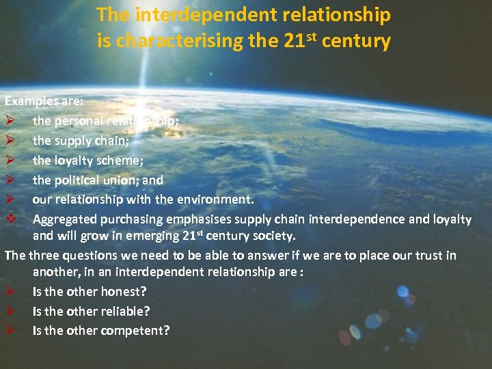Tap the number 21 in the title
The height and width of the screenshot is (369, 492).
(293, 41)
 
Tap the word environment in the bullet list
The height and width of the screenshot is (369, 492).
(213, 200)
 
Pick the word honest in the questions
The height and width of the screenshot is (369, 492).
(124, 291)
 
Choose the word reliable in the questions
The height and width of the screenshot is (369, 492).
(127, 311)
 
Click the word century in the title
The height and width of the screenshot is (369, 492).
(356, 41)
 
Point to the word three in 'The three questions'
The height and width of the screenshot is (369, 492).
(44, 256)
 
